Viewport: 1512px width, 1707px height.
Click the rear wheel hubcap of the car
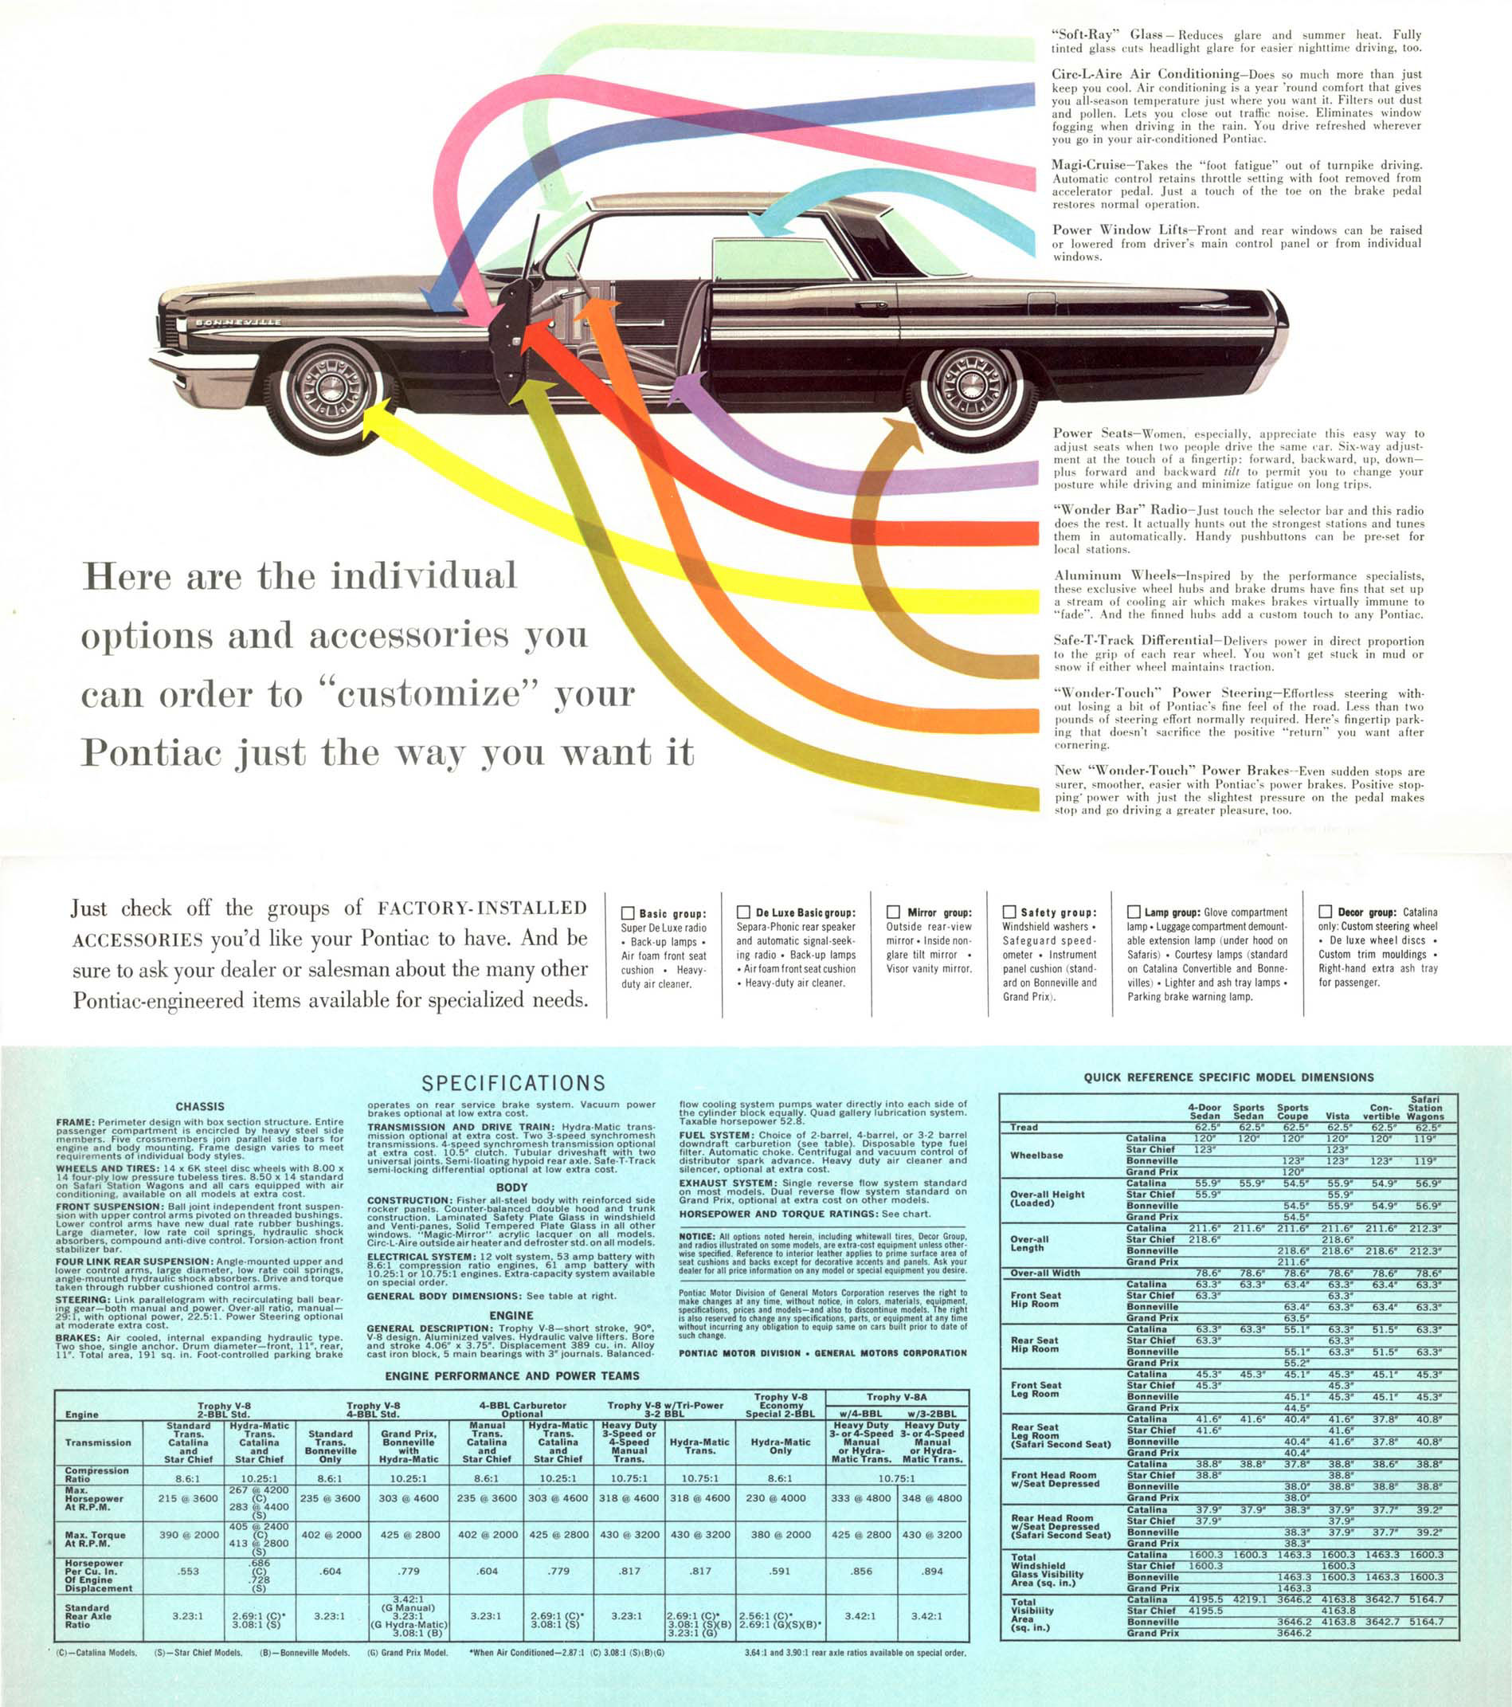click(x=972, y=385)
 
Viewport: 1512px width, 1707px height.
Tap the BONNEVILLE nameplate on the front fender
click(x=238, y=321)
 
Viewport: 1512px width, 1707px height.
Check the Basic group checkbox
click(x=629, y=913)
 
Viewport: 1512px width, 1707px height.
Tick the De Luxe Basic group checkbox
click(x=743, y=912)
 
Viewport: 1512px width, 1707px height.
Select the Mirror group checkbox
click(x=893, y=912)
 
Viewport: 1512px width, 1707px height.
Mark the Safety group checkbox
click(x=1009, y=912)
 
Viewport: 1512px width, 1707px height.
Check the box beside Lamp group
click(x=1134, y=912)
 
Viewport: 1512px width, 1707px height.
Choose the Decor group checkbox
click(x=1325, y=912)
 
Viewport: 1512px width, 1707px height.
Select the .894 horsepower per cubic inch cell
click(x=933, y=1571)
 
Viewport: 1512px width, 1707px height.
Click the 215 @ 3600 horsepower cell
click(x=188, y=1498)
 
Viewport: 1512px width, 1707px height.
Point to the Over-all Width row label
click(x=1045, y=1273)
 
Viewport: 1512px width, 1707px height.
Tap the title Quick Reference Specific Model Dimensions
click(x=1229, y=1077)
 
